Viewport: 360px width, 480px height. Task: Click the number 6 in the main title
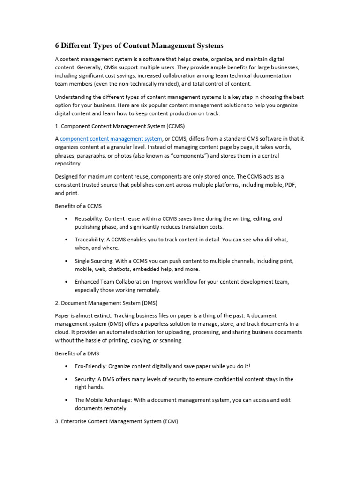(58, 46)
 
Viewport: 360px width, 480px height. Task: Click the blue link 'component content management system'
(111, 139)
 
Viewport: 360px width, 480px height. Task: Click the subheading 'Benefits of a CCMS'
(78, 206)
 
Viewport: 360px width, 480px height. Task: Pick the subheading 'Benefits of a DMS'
(77, 353)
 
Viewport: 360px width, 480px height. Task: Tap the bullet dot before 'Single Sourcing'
(67, 261)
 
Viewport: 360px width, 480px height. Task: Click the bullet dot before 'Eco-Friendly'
(67, 366)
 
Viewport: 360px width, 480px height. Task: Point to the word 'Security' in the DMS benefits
(84, 379)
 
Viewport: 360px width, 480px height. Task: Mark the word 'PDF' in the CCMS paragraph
(291, 185)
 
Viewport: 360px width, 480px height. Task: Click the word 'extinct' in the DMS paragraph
(98, 316)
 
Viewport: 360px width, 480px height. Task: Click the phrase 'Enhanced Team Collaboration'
(110, 282)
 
